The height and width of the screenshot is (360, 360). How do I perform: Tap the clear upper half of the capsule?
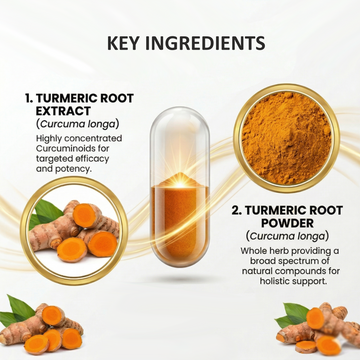180,140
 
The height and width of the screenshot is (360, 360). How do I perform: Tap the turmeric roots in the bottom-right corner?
320,330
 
